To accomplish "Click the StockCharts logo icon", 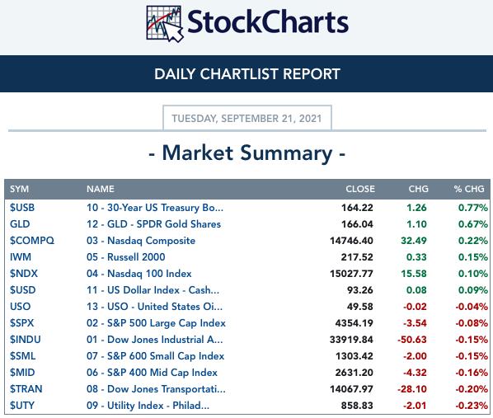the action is click(x=165, y=23).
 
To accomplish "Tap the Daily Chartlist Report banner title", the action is click(x=247, y=74).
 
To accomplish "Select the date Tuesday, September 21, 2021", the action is click(x=246, y=119).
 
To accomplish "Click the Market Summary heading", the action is click(x=247, y=153).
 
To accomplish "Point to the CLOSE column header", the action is click(x=360, y=189).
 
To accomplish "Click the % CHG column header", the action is click(x=469, y=189).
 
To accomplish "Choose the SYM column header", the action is click(x=19, y=189).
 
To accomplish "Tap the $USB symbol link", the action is click(x=22, y=208).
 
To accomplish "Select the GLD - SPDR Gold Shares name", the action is click(x=153, y=224).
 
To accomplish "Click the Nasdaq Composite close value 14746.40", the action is click(x=351, y=241).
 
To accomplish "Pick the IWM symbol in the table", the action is click(x=21, y=257).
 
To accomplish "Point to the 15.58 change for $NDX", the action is click(x=414, y=274).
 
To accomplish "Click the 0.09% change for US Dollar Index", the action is click(x=473, y=290).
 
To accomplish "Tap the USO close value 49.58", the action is click(x=360, y=307).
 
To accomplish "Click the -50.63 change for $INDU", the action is click(x=412, y=340).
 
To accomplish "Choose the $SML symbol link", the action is click(x=22, y=356).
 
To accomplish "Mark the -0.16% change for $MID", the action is click(x=472, y=373).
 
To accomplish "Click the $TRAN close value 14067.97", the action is click(x=351, y=389).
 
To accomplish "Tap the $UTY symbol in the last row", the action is click(x=21, y=406).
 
